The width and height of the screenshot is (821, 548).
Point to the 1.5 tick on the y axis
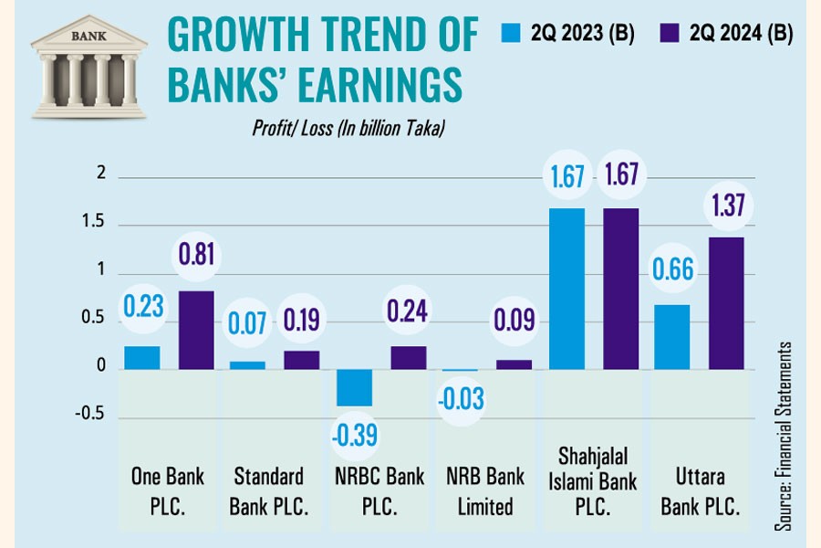point(94,224)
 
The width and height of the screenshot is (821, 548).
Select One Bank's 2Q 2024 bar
point(195,330)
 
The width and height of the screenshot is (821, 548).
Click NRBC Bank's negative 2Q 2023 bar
point(354,387)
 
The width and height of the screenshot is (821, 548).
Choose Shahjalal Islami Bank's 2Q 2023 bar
point(566,289)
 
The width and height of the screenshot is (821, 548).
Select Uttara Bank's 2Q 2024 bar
point(726,303)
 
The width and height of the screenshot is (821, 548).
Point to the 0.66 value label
point(672,270)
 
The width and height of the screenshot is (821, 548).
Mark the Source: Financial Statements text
point(784,437)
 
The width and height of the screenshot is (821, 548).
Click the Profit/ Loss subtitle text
point(348,129)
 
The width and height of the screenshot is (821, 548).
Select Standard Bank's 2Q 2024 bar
point(301,360)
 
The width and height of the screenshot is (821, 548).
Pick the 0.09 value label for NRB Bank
point(514,321)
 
